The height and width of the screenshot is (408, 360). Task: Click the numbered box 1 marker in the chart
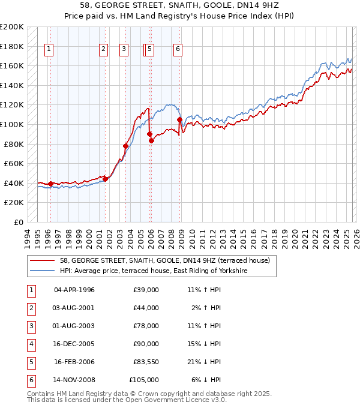click(48, 50)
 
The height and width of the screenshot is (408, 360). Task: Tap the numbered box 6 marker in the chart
click(178, 50)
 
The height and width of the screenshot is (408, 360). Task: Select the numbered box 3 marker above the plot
click(124, 50)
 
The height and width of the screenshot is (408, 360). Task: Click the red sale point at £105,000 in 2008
click(179, 119)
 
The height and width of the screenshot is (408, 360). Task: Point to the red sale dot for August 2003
click(125, 146)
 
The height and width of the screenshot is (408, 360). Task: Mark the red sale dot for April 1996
click(50, 184)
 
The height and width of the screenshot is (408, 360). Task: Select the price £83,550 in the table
click(145, 362)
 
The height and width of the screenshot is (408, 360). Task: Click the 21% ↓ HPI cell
click(204, 362)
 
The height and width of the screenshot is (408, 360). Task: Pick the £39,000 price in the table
click(146, 290)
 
